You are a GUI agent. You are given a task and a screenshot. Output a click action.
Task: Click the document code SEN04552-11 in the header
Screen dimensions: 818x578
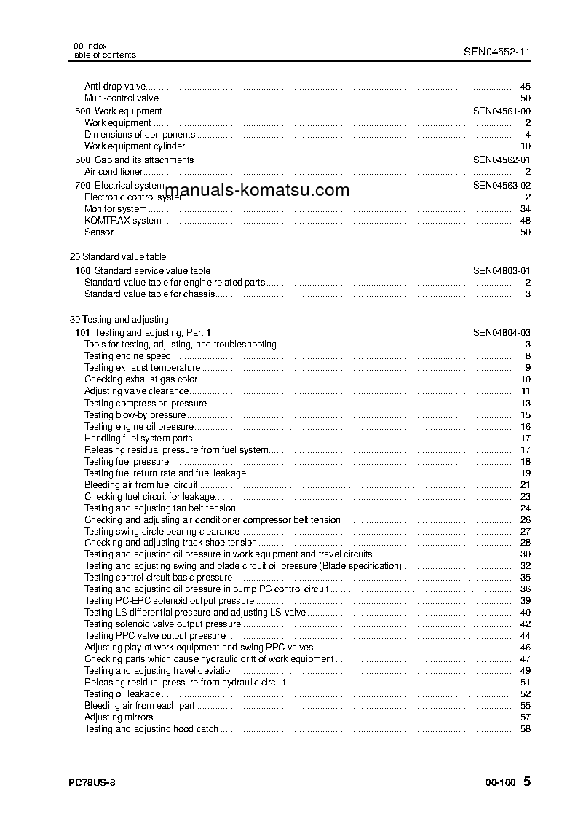pos(497,52)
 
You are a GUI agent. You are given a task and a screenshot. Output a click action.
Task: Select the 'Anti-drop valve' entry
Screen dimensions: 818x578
pos(115,87)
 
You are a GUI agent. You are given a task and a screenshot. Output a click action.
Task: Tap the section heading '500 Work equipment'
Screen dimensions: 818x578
pos(119,111)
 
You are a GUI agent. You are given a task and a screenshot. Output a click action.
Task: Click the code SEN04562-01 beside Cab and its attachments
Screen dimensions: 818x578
pos(502,160)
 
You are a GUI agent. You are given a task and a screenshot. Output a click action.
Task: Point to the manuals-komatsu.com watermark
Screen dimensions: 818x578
pos(257,191)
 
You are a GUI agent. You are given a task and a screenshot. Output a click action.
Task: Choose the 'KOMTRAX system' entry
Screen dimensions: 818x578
pos(122,221)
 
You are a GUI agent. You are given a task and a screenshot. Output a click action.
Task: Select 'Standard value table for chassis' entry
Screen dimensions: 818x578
pos(150,294)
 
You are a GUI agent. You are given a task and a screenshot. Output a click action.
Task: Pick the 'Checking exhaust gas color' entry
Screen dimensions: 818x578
pos(140,379)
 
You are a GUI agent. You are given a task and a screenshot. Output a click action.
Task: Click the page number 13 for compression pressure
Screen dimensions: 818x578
pos(526,404)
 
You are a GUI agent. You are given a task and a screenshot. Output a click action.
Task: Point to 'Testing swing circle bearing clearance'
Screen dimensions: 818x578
pos(162,532)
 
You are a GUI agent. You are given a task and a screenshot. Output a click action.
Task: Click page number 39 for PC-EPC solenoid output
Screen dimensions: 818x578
pos(526,601)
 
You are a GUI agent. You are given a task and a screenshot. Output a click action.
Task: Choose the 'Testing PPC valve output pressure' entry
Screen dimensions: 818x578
pos(155,636)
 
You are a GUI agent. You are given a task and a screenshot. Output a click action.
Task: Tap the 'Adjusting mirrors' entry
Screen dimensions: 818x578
pos(119,717)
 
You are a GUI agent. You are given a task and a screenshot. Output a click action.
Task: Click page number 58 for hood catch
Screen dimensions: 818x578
pos(526,729)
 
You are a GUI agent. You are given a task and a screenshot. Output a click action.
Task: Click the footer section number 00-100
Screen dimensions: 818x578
pos(500,783)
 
